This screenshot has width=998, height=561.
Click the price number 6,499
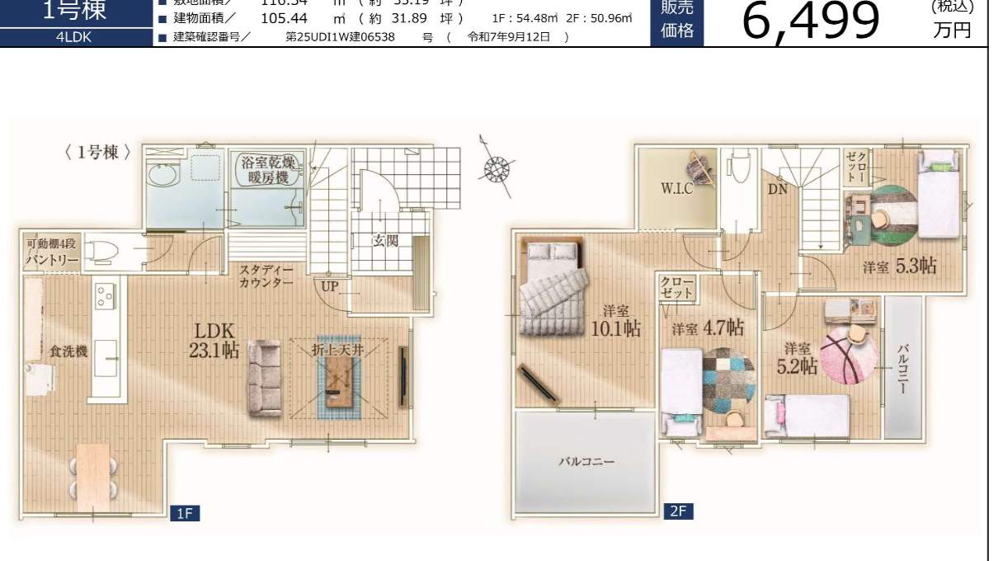click(811, 21)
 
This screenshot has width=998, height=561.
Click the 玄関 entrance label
click(384, 241)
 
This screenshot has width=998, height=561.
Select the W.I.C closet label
click(676, 188)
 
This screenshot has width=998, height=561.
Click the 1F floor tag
click(185, 514)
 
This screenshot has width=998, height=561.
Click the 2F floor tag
click(678, 511)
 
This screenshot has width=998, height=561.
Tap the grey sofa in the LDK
click(266, 379)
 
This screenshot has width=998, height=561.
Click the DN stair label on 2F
click(777, 189)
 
